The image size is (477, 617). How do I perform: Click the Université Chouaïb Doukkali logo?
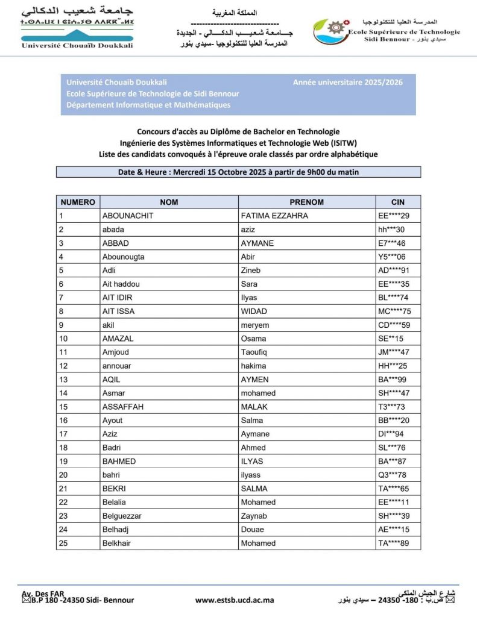coord(77,28)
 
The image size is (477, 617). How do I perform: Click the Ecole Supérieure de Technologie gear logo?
coord(330,31)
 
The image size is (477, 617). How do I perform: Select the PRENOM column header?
coord(306,202)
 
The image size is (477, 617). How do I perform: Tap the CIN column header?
coord(398,202)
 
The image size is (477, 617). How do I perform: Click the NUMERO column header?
coord(78,202)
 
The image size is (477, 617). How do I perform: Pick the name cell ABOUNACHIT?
coord(128,216)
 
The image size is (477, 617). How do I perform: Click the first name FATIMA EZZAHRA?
coord(274,216)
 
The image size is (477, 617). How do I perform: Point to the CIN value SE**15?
coord(391,339)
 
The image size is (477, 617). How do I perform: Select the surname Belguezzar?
coord(126,516)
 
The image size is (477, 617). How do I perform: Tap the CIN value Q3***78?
coord(392,475)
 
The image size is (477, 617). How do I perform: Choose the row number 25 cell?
coord(63,543)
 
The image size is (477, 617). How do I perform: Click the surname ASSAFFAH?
coord(123,407)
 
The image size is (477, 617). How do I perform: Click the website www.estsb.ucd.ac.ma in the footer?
coord(235,600)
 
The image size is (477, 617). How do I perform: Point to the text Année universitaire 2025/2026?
coord(348,83)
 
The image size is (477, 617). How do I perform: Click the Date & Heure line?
coord(238,172)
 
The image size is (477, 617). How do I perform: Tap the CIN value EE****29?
coord(394,216)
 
